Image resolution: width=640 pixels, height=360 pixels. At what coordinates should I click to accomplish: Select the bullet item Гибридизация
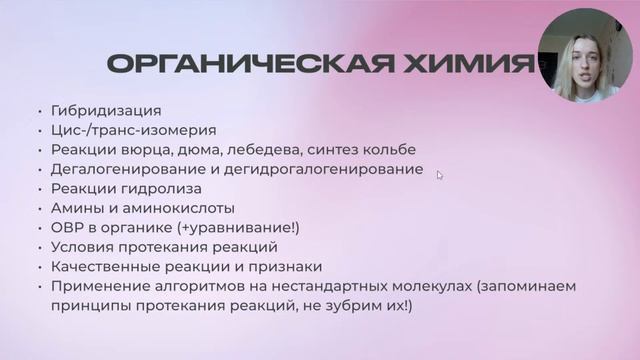[105, 110]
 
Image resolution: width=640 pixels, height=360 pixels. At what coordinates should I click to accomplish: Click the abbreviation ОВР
[66, 227]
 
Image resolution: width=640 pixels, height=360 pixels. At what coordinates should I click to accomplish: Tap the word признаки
[287, 266]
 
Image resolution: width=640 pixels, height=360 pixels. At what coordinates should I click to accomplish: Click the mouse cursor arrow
[440, 175]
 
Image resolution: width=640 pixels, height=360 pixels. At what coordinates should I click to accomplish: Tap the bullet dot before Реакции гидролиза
[38, 189]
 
